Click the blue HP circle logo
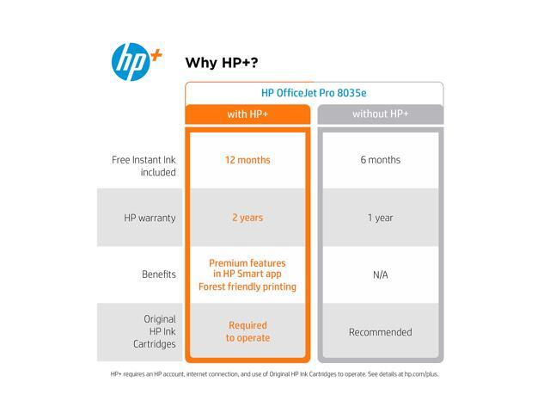pos(131,62)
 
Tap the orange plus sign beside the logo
pos(156,55)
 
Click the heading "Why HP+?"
pos(222,63)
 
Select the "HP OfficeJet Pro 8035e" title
pos(314,93)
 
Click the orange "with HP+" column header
pos(247,114)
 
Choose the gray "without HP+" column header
pos(381,114)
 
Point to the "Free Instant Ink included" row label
pos(144,166)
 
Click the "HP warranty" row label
pos(150,218)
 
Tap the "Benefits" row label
pos(159,274)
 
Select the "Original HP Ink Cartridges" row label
pos(155,331)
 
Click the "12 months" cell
pos(247,160)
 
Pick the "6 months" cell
pos(381,160)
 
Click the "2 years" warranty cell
pos(247,218)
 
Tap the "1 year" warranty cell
pos(381,218)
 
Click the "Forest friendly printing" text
pos(247,287)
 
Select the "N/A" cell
pos(381,274)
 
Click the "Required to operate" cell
pos(248,331)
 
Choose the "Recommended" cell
pos(381,332)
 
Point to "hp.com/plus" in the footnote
pos(421,374)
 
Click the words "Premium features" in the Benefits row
pos(247,263)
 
